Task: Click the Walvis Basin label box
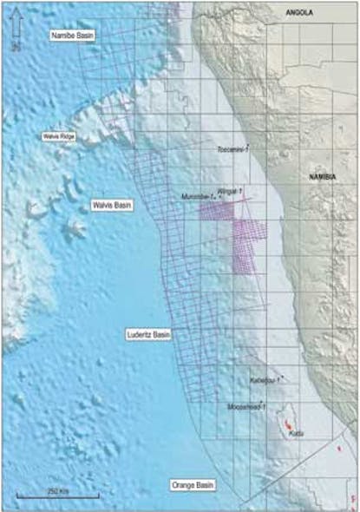point(110,206)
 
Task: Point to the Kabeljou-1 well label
point(262,379)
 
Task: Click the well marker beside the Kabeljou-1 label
point(279,377)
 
